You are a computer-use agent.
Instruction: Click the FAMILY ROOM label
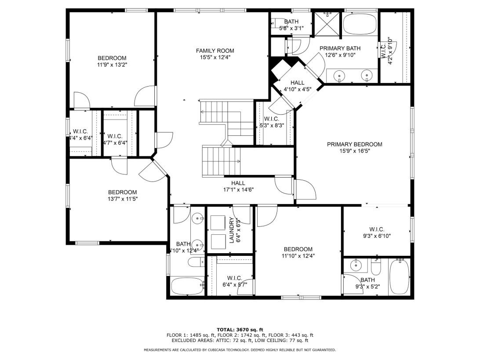click(x=215, y=51)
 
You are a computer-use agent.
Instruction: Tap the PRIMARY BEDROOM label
click(x=354, y=145)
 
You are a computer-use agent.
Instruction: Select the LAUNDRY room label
click(x=232, y=230)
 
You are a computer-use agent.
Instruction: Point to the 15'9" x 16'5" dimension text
click(x=354, y=151)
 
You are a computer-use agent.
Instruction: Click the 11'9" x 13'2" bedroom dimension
click(x=112, y=65)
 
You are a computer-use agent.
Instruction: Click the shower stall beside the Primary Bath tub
click(x=327, y=24)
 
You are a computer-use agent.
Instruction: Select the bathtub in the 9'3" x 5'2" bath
click(x=400, y=276)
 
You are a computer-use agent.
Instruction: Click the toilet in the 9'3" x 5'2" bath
click(x=376, y=267)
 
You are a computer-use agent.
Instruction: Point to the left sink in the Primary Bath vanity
click(x=339, y=75)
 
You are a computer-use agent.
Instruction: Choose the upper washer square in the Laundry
click(x=218, y=222)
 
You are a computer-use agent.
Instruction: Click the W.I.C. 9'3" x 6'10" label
click(x=377, y=233)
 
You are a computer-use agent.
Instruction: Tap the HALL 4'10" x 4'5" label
click(x=297, y=86)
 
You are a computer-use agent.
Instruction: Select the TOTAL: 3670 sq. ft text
click(x=240, y=330)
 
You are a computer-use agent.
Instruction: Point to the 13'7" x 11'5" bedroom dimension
click(x=123, y=199)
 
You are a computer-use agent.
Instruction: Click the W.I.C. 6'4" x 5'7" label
click(x=235, y=281)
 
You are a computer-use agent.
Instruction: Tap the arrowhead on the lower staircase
click(x=239, y=161)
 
